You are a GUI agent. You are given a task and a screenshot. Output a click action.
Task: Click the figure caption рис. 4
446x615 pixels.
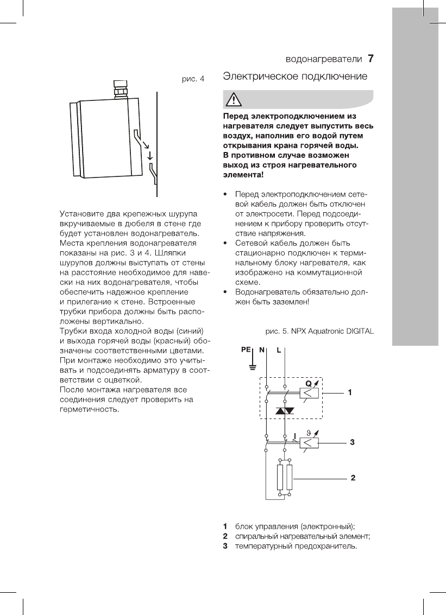193,80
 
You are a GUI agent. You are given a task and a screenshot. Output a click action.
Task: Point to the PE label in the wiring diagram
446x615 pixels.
246,350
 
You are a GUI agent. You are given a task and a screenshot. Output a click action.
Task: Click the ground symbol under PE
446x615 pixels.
252,367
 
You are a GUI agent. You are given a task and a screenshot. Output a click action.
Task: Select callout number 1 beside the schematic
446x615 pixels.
351,391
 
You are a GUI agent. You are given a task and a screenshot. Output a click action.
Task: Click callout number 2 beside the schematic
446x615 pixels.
353,478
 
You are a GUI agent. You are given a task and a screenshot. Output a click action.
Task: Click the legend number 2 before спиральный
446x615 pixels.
225,536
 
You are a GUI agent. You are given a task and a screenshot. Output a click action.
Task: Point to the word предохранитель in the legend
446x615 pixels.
329,546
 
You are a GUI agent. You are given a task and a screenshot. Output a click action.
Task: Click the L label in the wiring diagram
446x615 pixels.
279,350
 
